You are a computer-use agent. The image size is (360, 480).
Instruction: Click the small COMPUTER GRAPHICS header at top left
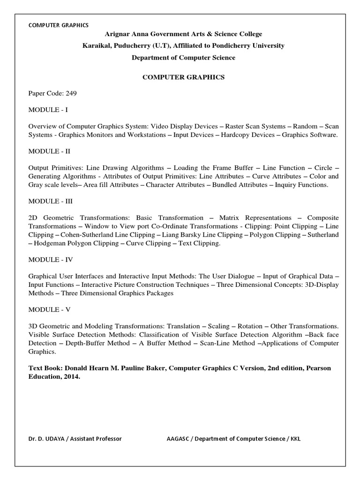click(58, 25)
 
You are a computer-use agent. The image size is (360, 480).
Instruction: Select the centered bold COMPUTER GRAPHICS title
click(183, 77)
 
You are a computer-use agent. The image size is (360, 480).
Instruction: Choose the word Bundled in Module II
click(226, 185)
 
